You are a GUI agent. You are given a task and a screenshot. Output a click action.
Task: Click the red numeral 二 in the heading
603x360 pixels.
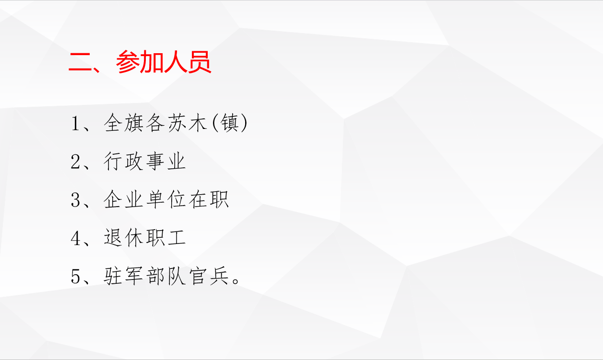[x=80, y=62]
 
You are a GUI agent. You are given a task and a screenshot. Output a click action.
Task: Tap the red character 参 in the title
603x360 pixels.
[x=128, y=62]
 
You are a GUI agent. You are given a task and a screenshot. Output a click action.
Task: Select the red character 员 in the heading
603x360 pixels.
[x=200, y=62]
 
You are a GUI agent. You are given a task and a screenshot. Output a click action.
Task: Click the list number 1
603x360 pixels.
[x=75, y=124]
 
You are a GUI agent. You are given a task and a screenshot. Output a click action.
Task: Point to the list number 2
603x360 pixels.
[x=75, y=162]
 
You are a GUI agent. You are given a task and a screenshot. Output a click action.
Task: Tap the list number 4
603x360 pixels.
[x=75, y=238]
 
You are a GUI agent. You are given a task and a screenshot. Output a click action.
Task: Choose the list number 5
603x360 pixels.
[x=75, y=277]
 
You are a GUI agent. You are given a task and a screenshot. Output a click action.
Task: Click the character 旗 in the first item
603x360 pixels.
[x=134, y=123]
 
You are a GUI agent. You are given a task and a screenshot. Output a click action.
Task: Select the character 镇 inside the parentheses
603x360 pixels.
[x=230, y=123]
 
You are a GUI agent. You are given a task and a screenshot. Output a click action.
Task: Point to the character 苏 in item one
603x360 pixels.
[x=177, y=123]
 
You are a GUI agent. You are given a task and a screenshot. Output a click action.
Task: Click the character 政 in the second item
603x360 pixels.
[x=134, y=161]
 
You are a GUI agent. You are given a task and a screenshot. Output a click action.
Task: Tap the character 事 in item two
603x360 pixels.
[x=155, y=161]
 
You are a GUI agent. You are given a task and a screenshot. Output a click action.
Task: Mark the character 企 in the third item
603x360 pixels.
[x=113, y=199]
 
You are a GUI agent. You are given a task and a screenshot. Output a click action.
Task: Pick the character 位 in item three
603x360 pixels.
[x=177, y=199]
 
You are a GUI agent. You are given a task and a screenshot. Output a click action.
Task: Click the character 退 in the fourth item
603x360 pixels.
[x=113, y=238]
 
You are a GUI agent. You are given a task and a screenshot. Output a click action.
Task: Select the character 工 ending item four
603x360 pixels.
[x=177, y=238]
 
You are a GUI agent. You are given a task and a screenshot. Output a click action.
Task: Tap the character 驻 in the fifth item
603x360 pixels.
[x=113, y=276]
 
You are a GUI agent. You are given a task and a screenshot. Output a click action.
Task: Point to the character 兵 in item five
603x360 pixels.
[x=219, y=276]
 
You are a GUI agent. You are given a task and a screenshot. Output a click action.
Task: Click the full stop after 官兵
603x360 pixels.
[x=236, y=281]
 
